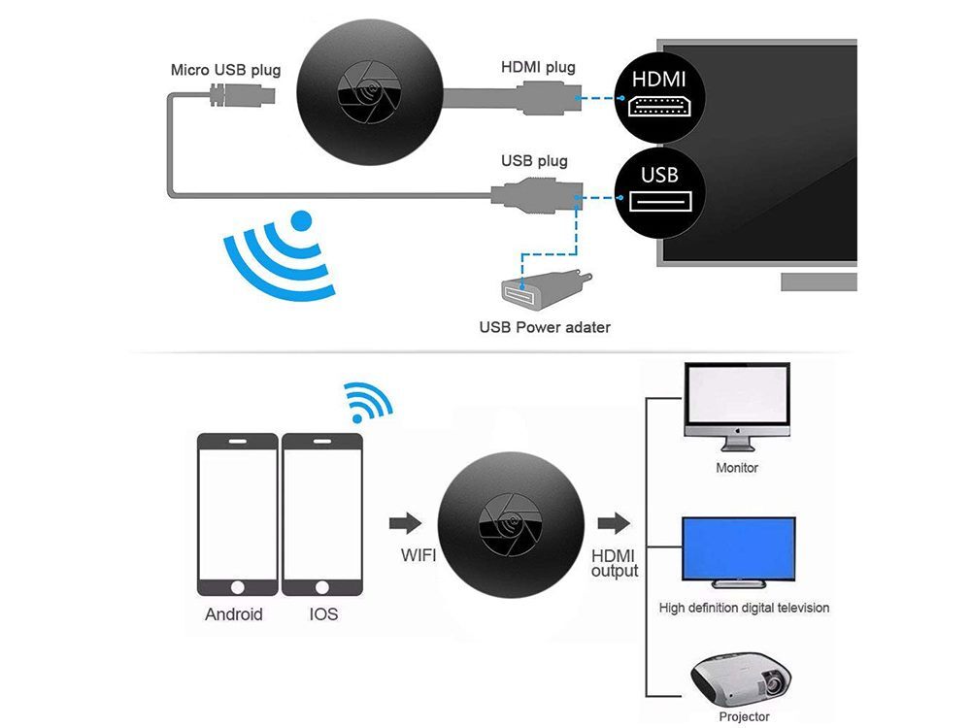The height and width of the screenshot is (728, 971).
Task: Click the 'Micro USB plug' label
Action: point(225,70)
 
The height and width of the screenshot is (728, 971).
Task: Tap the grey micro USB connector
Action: point(242,95)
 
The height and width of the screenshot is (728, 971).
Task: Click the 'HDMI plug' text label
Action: point(538,68)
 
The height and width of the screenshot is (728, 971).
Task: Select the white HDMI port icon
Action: point(659,107)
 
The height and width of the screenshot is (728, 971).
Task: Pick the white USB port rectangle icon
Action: point(659,202)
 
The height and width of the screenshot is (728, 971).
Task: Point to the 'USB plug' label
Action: point(534,161)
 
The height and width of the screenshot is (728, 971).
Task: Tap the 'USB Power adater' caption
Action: point(545,327)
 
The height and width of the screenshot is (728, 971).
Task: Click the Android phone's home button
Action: point(238,587)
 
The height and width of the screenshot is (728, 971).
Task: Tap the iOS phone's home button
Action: point(322,587)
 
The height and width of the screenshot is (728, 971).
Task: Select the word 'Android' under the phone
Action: point(234,614)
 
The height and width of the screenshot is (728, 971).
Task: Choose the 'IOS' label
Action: point(323,614)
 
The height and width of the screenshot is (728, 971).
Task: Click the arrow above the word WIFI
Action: point(406,523)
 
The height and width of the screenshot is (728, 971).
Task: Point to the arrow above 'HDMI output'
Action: point(614,523)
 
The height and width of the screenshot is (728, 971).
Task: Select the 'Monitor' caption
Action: point(737,468)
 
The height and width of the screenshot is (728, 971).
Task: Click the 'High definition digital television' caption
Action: point(744,608)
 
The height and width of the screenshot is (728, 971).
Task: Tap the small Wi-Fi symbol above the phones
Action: point(368,403)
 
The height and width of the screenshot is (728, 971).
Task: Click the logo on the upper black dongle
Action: point(370,91)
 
